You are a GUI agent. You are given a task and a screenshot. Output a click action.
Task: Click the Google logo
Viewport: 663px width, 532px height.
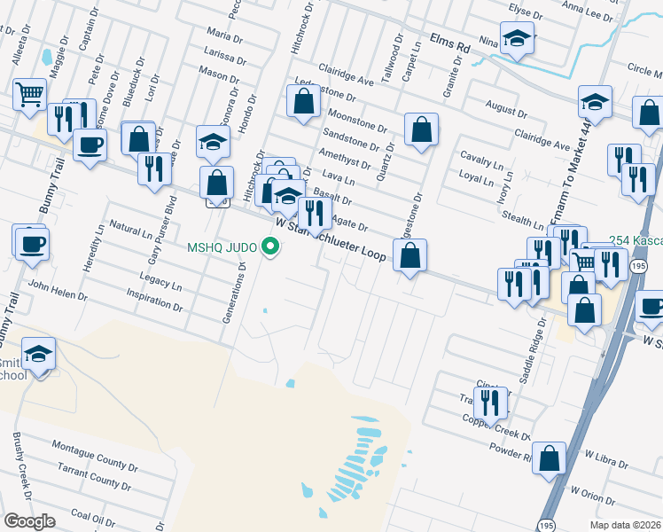pyautogui.click(x=29, y=521)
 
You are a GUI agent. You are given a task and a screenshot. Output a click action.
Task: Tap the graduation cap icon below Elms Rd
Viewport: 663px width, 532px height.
pyautogui.click(x=516, y=38)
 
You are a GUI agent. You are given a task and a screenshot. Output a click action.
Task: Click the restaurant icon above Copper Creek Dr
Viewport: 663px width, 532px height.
pyautogui.click(x=490, y=403)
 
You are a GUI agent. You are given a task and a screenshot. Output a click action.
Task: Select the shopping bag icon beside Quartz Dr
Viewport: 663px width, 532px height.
pyautogui.click(x=421, y=129)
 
